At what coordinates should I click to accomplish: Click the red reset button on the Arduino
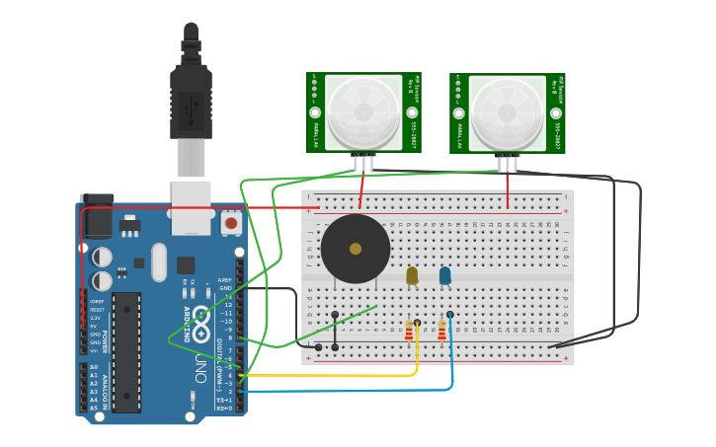[x=231, y=223]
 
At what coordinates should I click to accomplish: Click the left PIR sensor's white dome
[x=363, y=112]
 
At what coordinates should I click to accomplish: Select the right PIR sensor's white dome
[x=508, y=112]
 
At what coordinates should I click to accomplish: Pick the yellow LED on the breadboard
[x=412, y=275]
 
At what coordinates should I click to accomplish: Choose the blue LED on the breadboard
[x=445, y=275]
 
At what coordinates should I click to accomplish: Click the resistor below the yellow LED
[x=409, y=331]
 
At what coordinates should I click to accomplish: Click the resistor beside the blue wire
[x=441, y=331]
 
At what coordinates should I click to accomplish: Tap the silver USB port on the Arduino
[x=191, y=205]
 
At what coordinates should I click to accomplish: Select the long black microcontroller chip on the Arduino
[x=126, y=350]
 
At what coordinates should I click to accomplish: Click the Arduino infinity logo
[x=201, y=322]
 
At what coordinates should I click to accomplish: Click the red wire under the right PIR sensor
[x=508, y=189]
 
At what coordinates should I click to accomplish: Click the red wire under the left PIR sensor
[x=362, y=189]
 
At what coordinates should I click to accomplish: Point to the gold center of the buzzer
[x=356, y=249]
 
